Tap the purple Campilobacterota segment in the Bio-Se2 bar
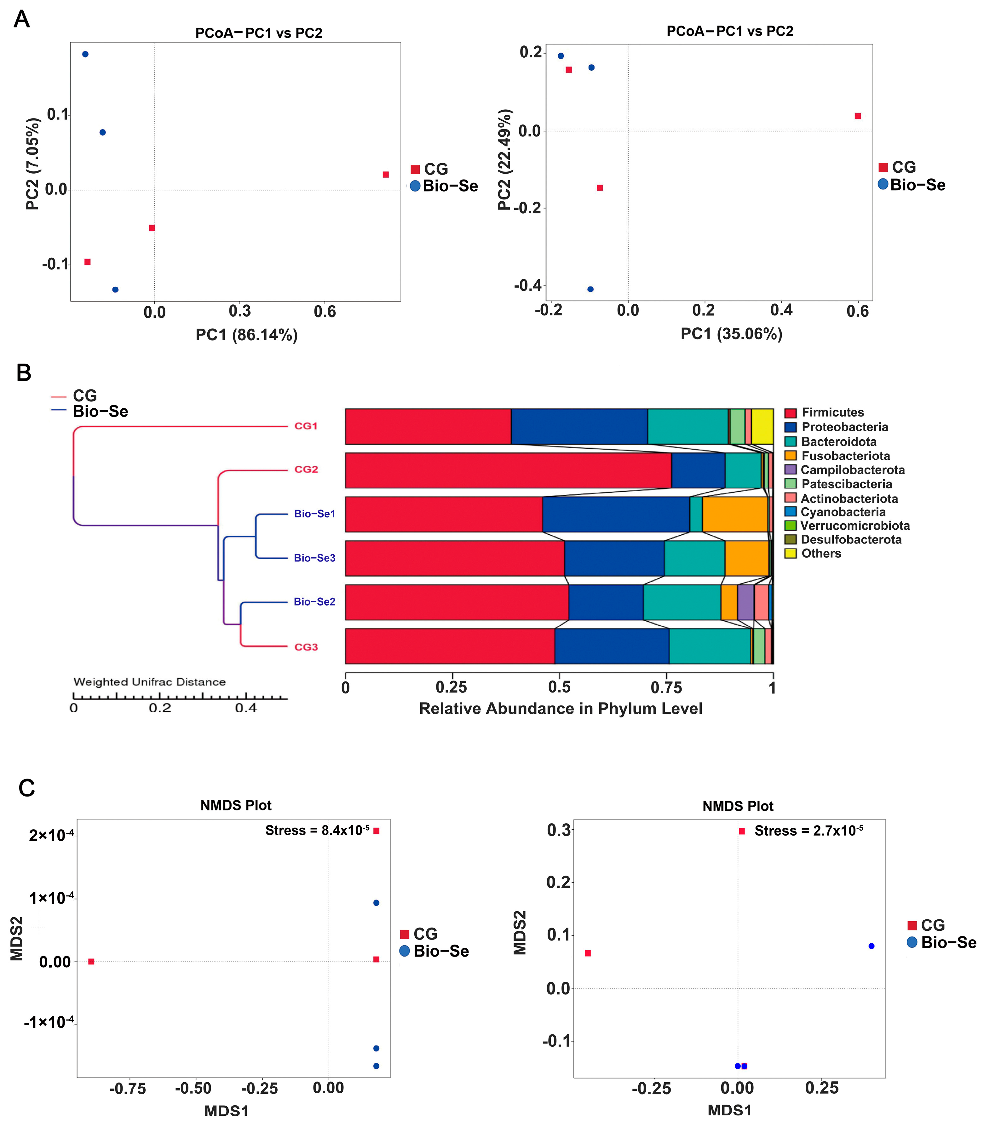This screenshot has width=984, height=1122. (x=745, y=602)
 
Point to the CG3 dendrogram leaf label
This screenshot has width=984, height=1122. (x=306, y=647)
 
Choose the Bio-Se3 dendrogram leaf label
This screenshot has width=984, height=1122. (x=314, y=558)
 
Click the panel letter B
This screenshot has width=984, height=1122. (x=24, y=373)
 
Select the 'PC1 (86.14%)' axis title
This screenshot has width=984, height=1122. (x=246, y=335)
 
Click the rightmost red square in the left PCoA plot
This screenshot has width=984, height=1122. (x=386, y=175)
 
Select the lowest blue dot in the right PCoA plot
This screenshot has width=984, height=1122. (x=590, y=289)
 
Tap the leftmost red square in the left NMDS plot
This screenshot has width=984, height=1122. (x=91, y=962)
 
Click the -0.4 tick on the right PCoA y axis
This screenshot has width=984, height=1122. (x=527, y=285)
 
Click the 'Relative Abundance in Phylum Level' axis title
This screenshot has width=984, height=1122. (x=560, y=709)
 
